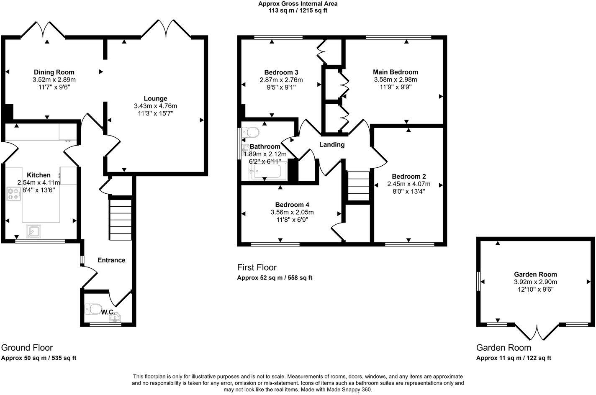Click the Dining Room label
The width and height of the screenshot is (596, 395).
click(54, 72)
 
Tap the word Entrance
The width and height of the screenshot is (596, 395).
click(111, 260)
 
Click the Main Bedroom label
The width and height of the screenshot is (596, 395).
click(396, 72)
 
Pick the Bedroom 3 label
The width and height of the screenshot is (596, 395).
click(281, 72)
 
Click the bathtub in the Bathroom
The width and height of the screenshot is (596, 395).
click(268, 172)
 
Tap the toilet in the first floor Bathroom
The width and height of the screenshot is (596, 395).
click(251, 133)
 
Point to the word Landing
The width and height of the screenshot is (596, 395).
click(332, 145)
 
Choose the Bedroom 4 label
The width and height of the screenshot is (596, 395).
click(292, 205)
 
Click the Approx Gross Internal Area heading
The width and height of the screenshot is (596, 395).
click(298, 4)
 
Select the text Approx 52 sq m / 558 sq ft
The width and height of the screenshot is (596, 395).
click(275, 278)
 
